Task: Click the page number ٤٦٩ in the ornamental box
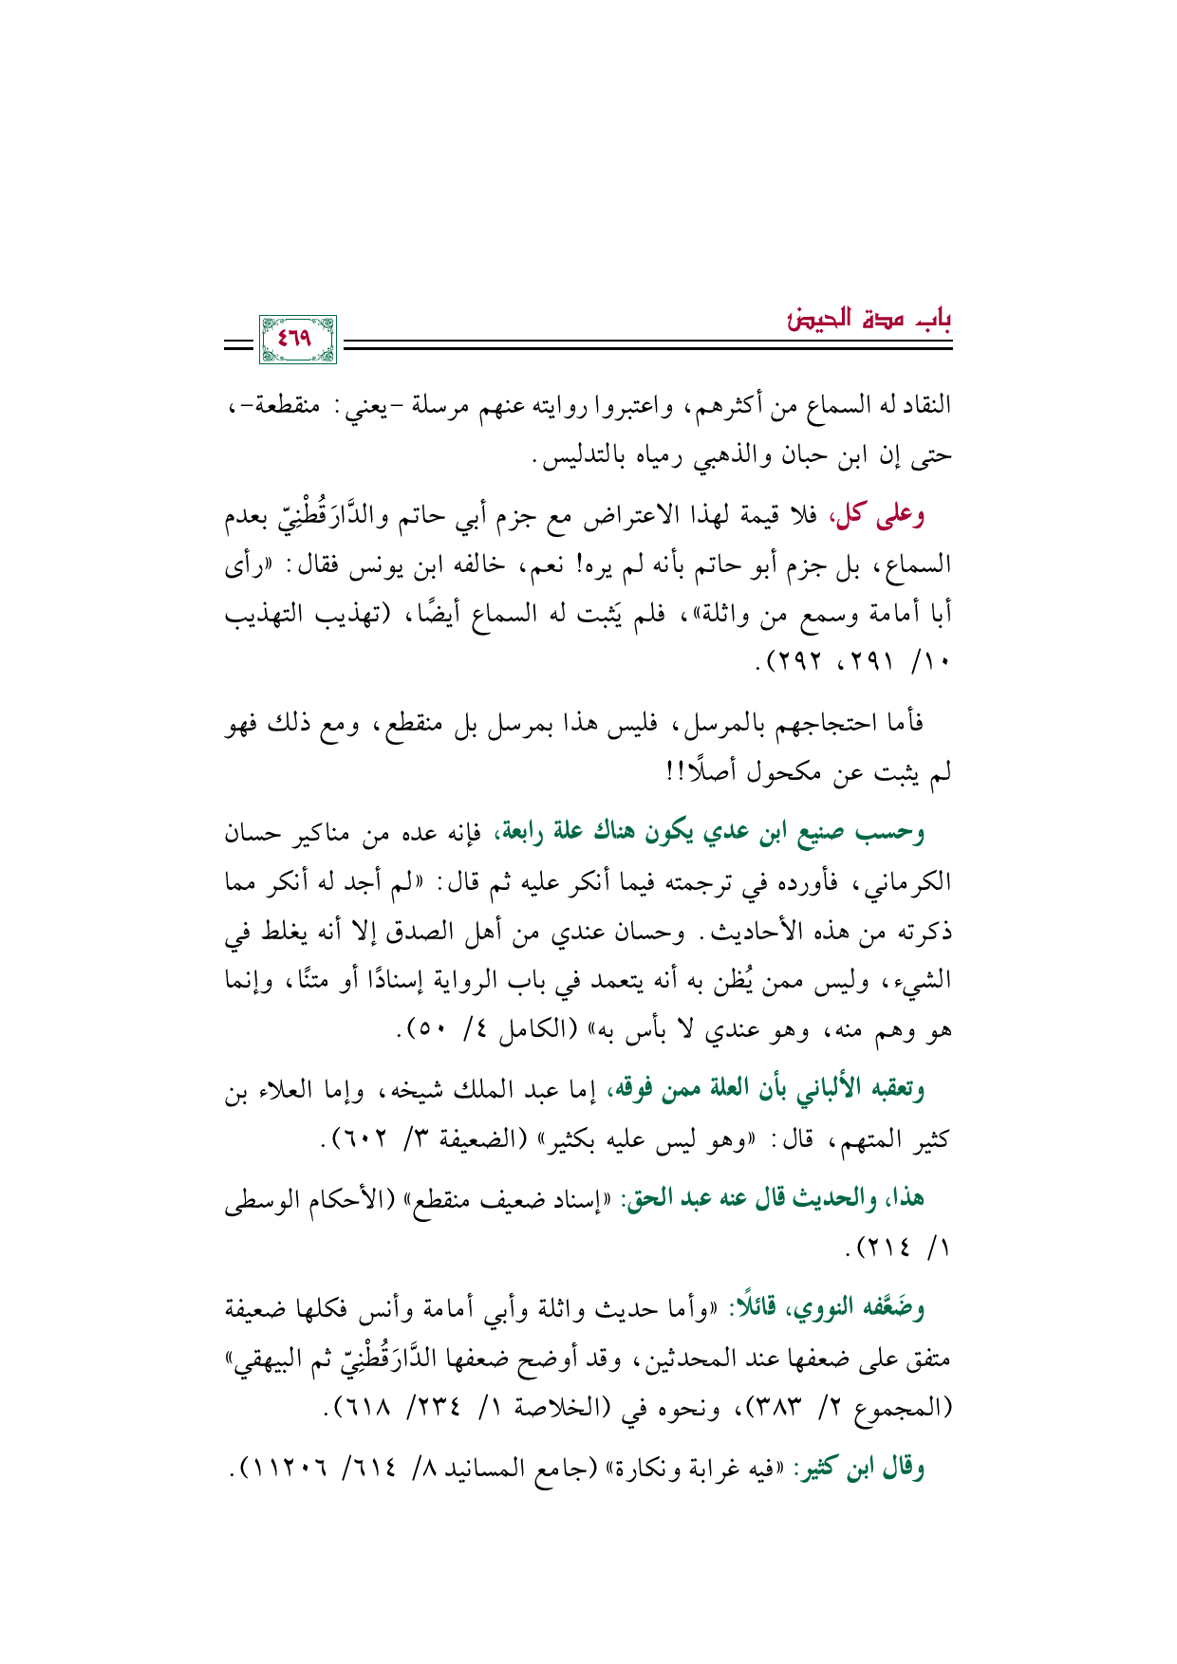[297, 337]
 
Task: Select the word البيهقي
[266, 1359]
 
